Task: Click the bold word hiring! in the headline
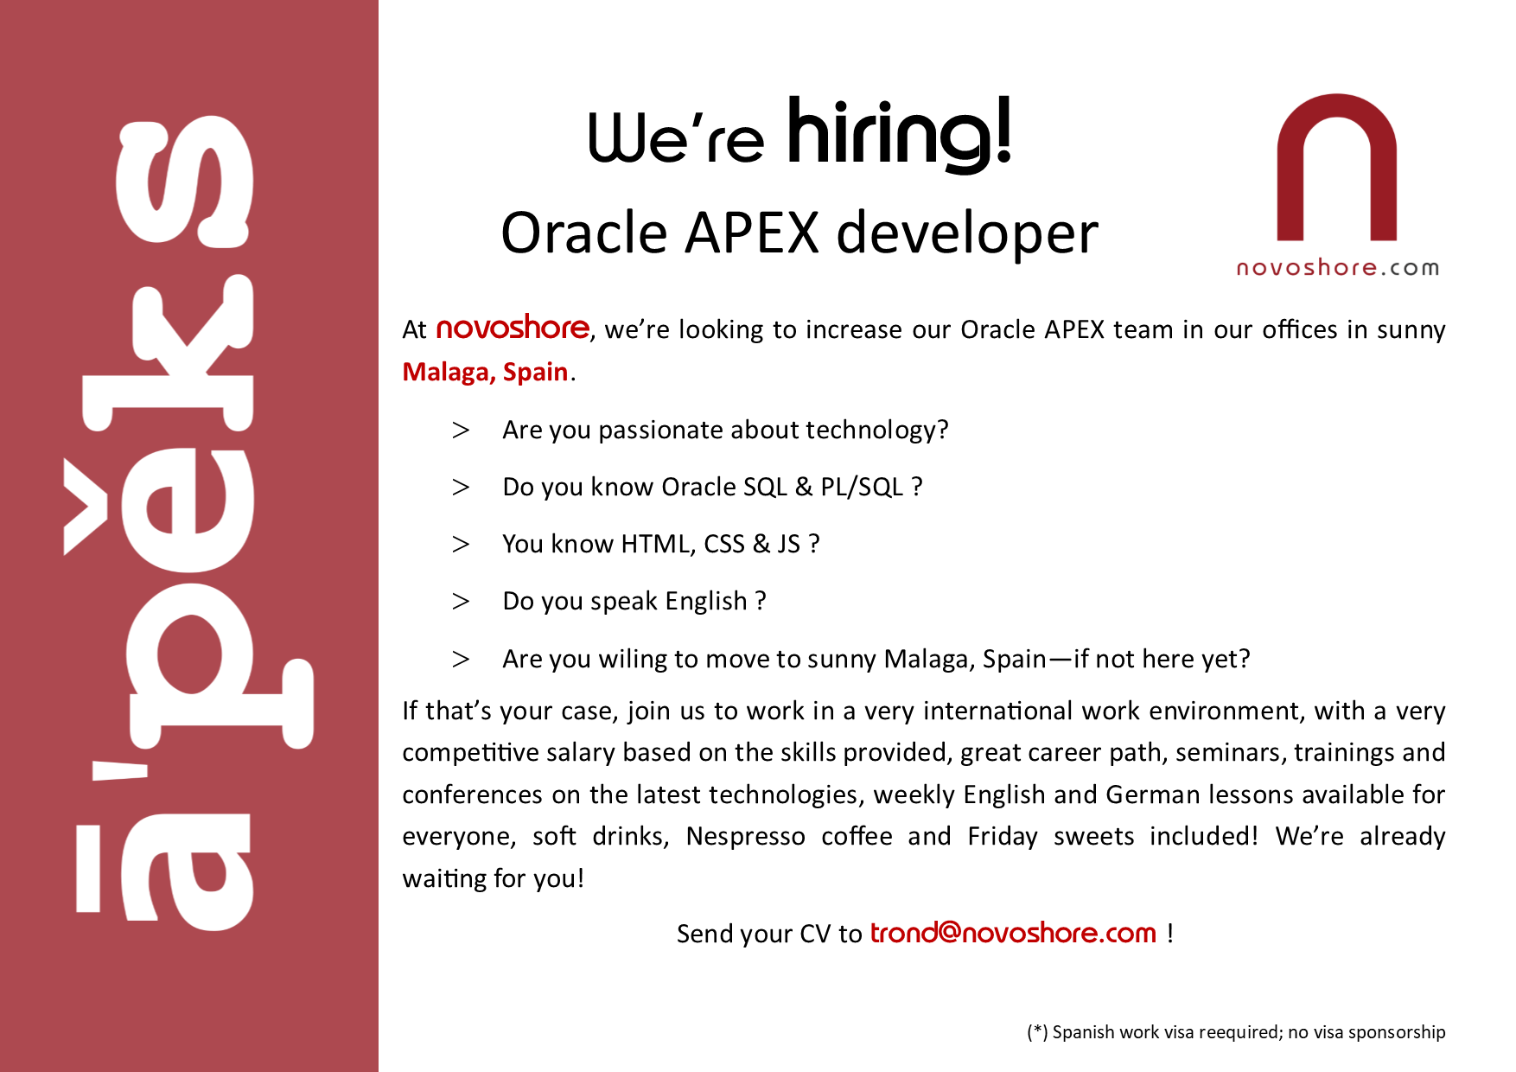(899, 134)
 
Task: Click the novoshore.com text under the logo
(1337, 268)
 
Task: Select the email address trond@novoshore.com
(1012, 933)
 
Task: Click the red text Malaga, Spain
(485, 372)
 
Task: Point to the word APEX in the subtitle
(752, 233)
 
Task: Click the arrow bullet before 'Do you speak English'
(461, 602)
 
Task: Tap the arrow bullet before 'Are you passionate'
(461, 431)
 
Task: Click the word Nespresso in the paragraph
(745, 837)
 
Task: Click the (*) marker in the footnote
(1036, 1032)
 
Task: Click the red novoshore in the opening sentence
(513, 329)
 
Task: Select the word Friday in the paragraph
(1002, 837)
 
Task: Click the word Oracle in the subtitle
(584, 233)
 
